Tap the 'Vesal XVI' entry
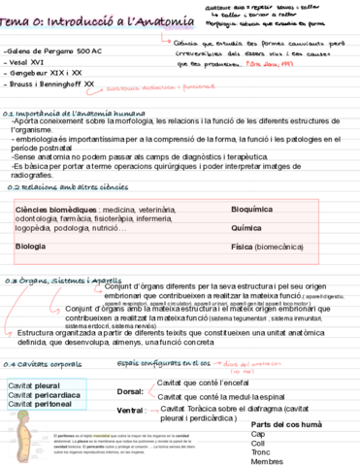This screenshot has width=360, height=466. pyautogui.click(x=24, y=61)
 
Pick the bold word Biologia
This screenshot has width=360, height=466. pyautogui.click(x=32, y=247)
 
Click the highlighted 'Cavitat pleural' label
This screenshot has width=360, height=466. pyautogui.click(x=34, y=386)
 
